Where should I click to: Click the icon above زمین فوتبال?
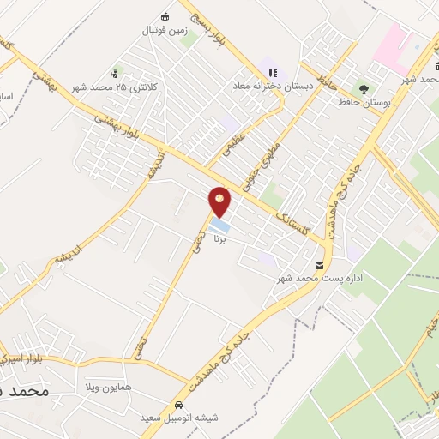[165, 15]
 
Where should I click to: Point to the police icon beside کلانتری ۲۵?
[115, 73]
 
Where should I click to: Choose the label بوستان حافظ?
[364, 102]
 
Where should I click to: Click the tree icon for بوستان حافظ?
[364, 88]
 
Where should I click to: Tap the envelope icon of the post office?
[320, 265]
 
